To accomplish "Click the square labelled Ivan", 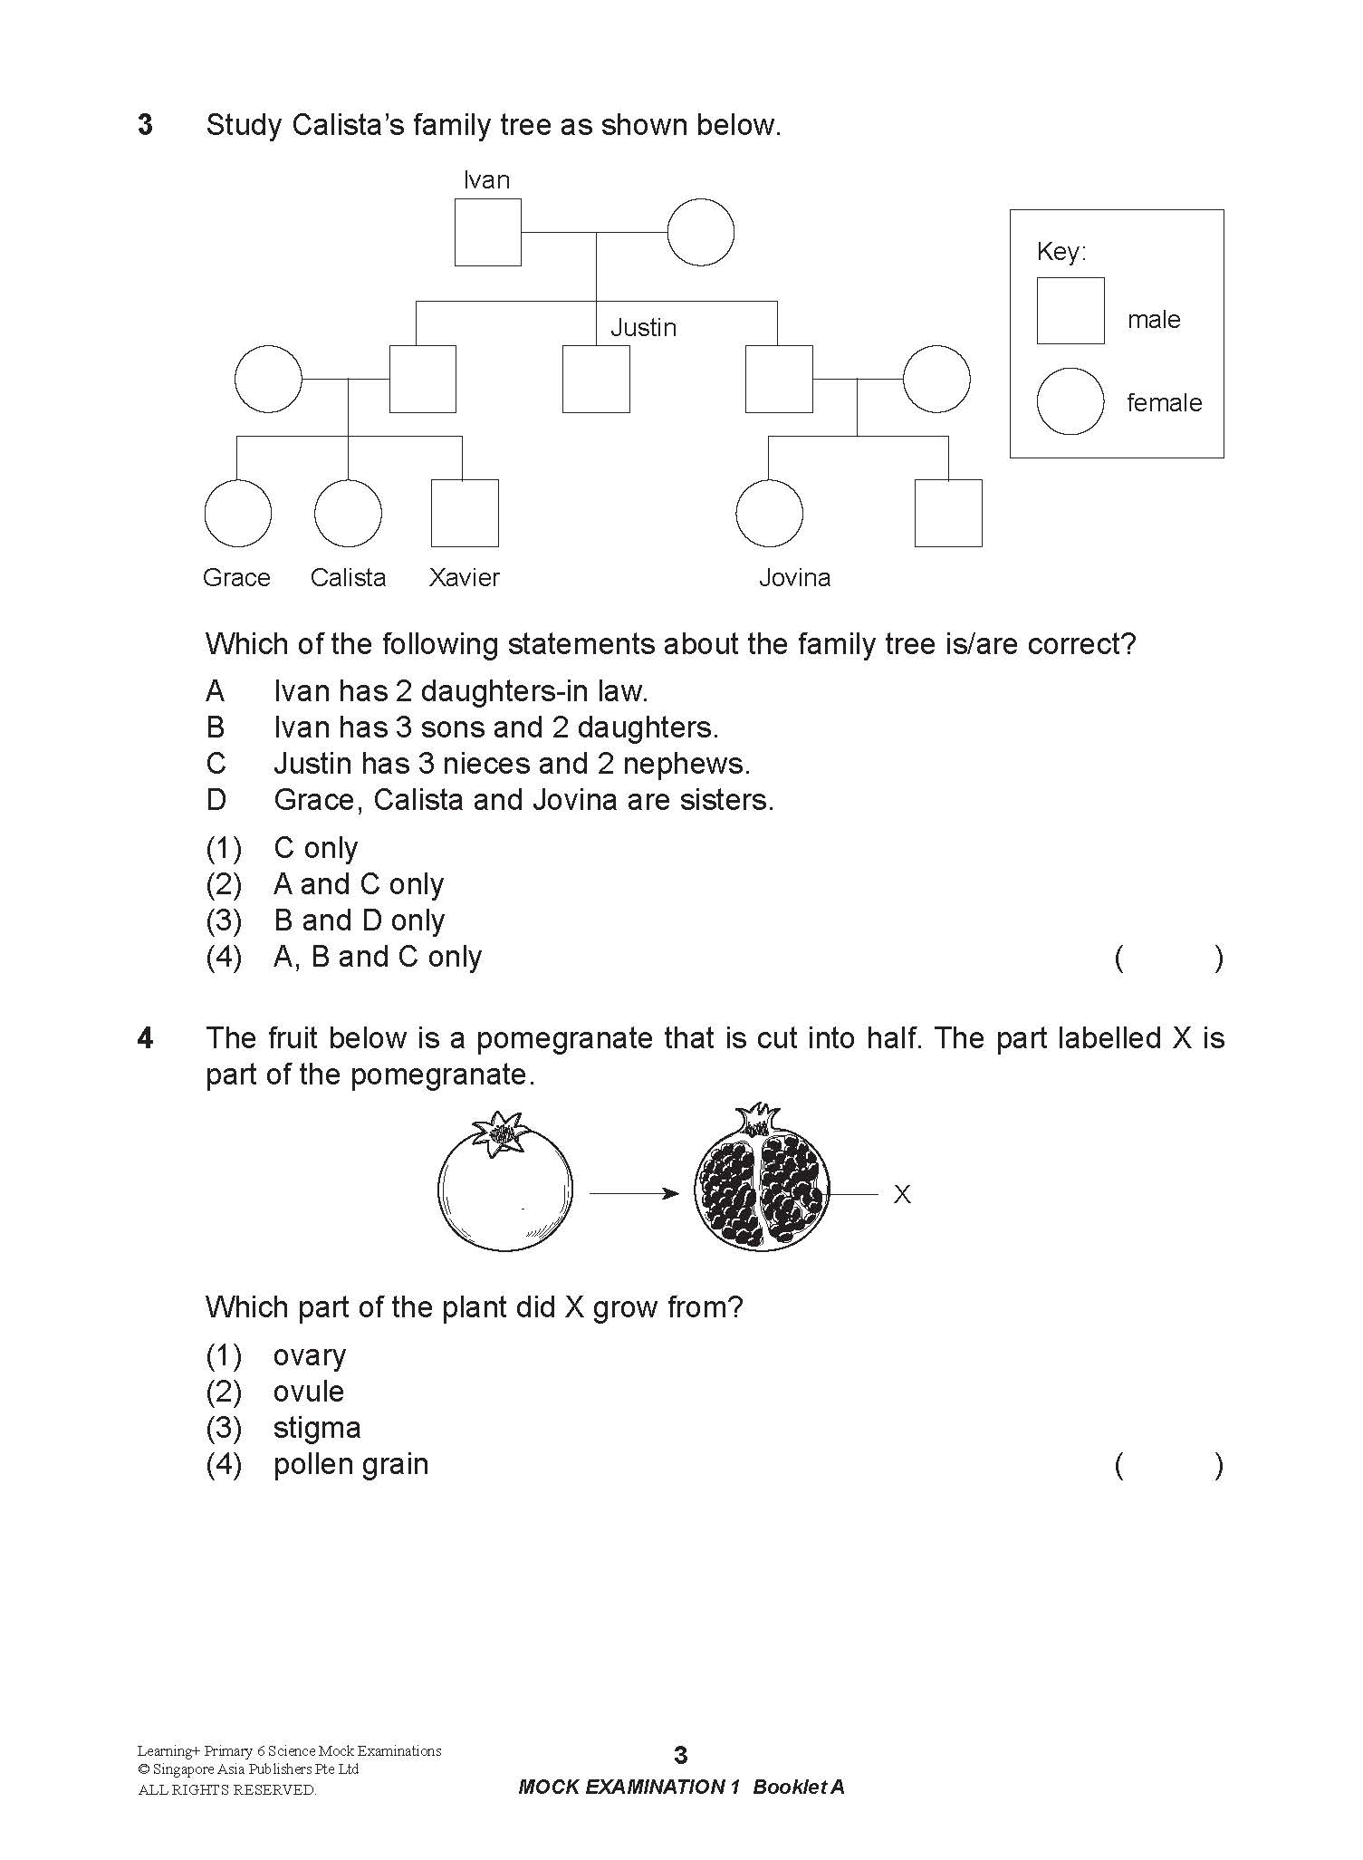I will [487, 233].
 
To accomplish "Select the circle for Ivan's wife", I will [700, 233].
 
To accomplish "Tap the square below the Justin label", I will [596, 379].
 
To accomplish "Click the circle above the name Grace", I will [237, 513].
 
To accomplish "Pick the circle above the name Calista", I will [348, 513].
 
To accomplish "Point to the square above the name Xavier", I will [465, 513].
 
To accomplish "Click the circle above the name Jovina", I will [769, 513].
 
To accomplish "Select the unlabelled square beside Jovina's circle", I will [948, 513].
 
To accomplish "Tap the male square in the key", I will [1070, 311].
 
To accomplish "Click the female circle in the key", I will [1070, 401].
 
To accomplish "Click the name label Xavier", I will [464, 578].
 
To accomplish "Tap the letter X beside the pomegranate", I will [902, 1195].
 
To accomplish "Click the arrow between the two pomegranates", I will [634, 1194].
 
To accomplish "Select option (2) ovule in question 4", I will [308, 1392].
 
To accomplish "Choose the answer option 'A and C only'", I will [359, 884].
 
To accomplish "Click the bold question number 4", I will [145, 1038].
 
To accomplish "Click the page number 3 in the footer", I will [681, 1756].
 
